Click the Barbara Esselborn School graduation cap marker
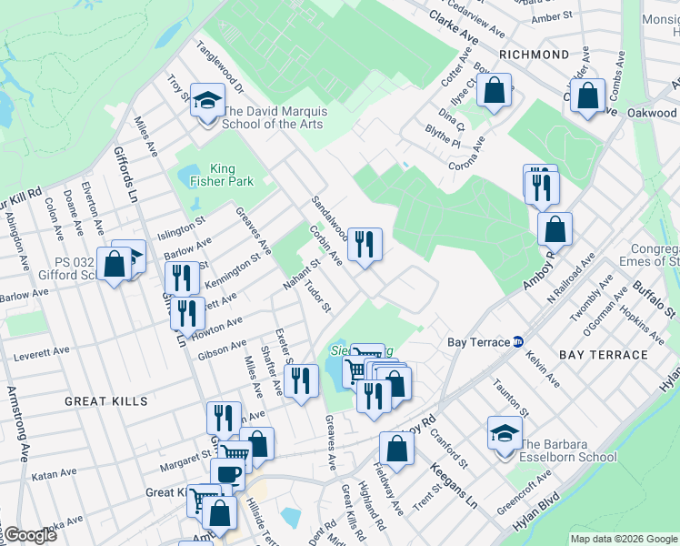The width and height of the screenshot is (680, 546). pyautogui.click(x=505, y=432)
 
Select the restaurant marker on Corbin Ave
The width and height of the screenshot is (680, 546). pyautogui.click(x=365, y=243)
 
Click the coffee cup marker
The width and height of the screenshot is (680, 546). pyautogui.click(x=227, y=473)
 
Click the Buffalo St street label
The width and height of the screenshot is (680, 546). pyautogui.click(x=655, y=298)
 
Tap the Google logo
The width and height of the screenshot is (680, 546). pyautogui.click(x=29, y=535)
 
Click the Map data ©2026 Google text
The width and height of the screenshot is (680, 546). pyautogui.click(x=624, y=539)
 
